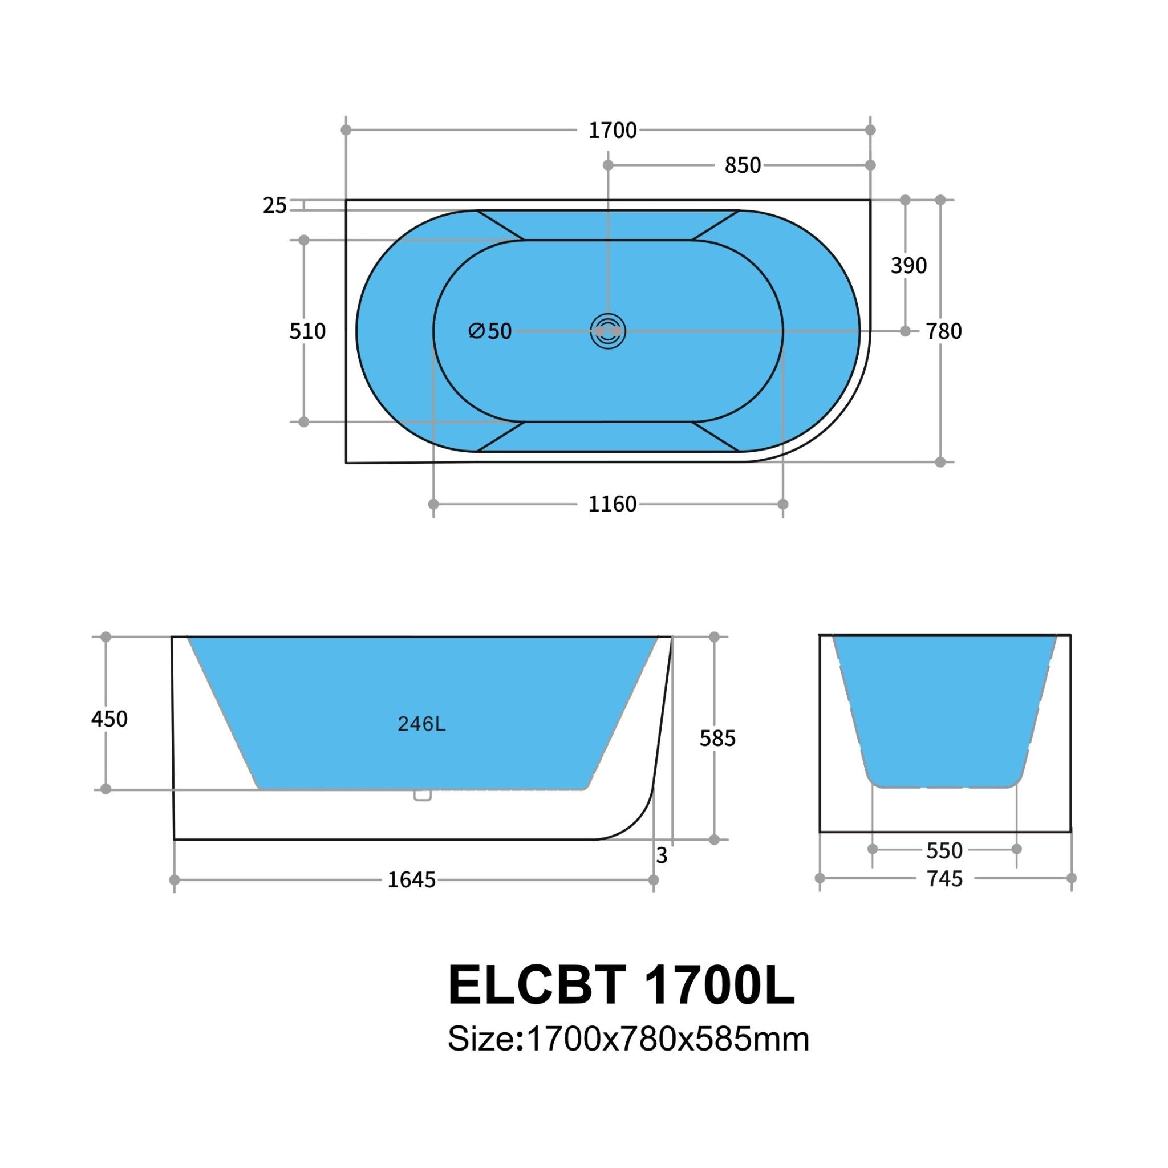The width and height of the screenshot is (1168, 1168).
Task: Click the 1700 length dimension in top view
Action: [613, 131]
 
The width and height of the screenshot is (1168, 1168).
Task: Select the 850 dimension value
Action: [743, 165]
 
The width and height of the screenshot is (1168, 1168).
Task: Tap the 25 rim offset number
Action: [274, 206]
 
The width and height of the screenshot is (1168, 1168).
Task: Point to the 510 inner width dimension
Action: [307, 331]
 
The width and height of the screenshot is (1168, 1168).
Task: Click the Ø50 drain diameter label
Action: [490, 331]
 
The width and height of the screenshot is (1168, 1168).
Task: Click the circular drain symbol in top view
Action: [607, 331]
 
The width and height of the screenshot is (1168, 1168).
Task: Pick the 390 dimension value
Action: [908, 265]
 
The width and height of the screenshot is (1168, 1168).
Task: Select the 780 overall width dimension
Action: [944, 331]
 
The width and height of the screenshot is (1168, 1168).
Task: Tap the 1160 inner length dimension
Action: [613, 504]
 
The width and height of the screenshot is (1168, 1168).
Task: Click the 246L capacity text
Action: [421, 724]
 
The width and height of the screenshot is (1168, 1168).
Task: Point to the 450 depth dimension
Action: [109, 719]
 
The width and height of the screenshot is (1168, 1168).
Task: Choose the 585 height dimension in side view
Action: [717, 738]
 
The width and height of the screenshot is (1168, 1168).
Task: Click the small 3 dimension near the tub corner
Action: [662, 855]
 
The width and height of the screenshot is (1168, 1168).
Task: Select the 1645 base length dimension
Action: [411, 880]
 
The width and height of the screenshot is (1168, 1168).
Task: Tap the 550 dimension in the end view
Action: [944, 850]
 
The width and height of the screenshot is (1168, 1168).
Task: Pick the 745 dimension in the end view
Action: [944, 879]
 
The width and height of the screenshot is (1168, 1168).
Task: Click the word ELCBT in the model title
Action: [536, 985]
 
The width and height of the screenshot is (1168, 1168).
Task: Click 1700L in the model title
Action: [719, 985]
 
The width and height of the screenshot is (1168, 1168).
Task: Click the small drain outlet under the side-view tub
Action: [423, 796]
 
